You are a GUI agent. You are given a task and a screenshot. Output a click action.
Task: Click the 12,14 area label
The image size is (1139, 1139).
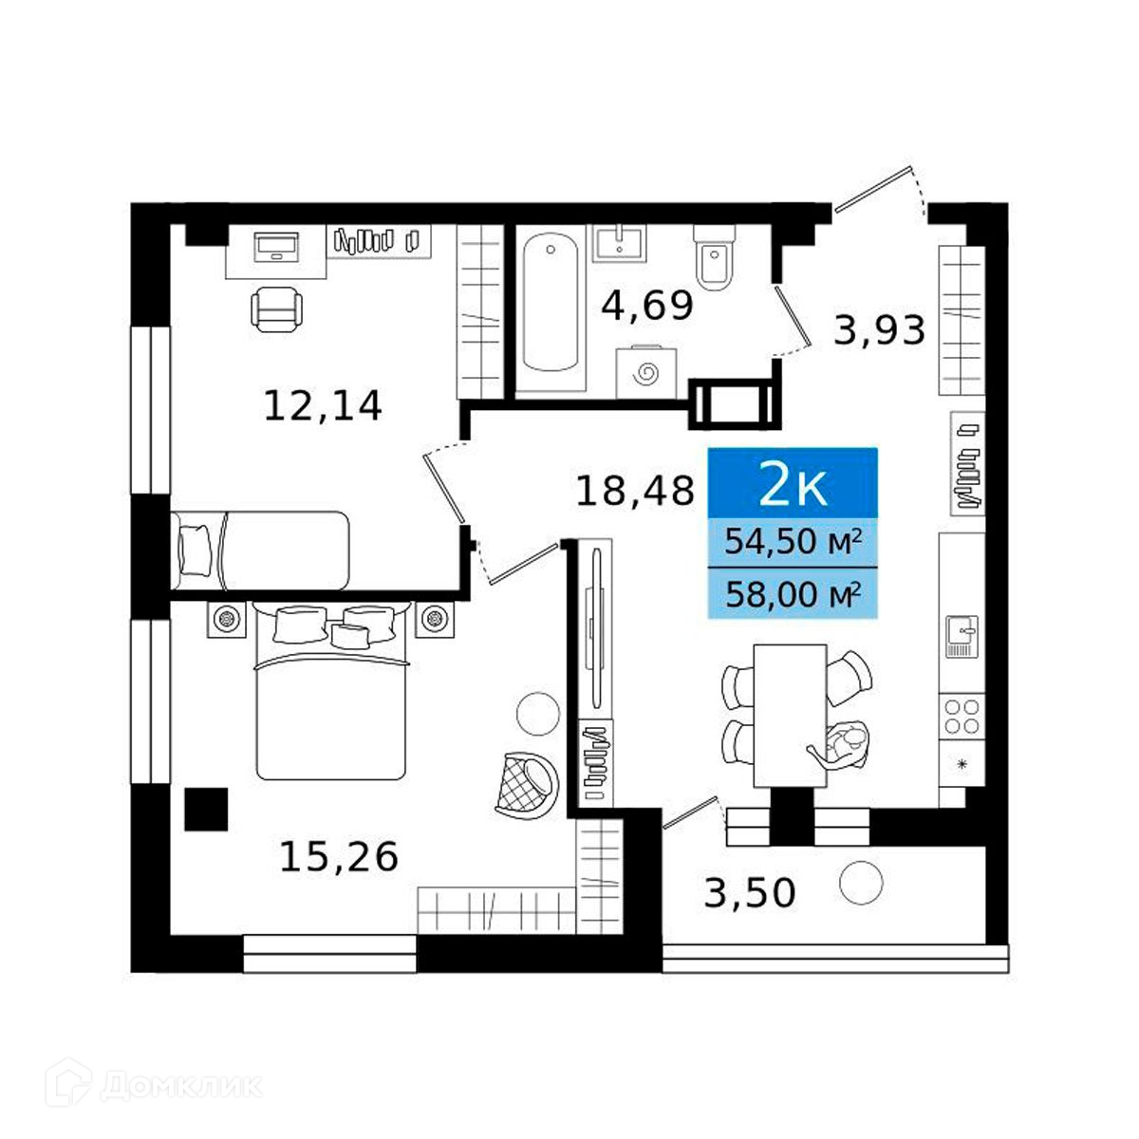(323, 406)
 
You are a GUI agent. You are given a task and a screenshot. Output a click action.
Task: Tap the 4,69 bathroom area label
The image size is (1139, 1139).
(647, 307)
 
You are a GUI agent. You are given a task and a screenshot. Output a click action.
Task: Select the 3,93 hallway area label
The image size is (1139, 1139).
(879, 330)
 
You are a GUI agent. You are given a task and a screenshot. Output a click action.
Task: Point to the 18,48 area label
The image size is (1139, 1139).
(635, 491)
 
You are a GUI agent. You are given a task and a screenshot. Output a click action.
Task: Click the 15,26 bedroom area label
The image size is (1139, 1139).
(339, 857)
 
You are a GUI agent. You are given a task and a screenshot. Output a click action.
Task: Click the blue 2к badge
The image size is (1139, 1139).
(793, 482)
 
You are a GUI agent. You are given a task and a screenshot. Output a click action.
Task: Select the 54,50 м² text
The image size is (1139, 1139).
(793, 541)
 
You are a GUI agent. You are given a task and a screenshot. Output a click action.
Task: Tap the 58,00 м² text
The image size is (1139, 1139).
(793, 594)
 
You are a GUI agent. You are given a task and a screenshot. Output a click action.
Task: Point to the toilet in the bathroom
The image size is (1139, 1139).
(715, 257)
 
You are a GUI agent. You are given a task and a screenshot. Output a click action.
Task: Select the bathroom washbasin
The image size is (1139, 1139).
(620, 242)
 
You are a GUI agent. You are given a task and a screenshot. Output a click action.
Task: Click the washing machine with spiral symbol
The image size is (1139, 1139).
(646, 372)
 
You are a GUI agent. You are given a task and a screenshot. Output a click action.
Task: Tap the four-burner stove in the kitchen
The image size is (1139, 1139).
(962, 716)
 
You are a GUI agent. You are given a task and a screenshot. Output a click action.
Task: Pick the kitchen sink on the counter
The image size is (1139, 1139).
(962, 637)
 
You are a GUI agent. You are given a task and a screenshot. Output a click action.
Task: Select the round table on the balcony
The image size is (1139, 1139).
(861, 883)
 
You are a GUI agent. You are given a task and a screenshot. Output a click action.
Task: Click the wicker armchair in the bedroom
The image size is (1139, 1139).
(526, 786)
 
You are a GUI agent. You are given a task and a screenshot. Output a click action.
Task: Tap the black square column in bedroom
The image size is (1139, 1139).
(206, 810)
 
